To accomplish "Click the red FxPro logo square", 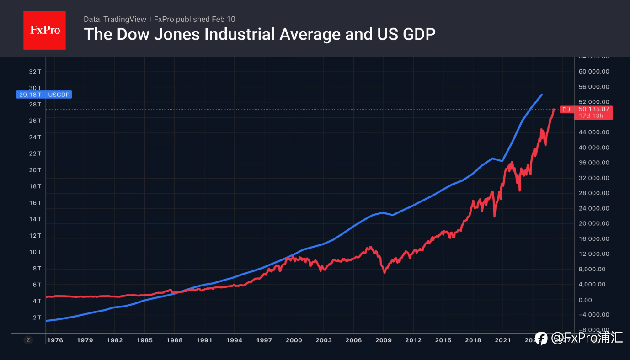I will click(x=44, y=30).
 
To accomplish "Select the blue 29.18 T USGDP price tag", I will click(x=44, y=95).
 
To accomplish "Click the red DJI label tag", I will click(x=567, y=110).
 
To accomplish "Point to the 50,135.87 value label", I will click(x=593, y=109).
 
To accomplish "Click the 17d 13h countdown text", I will click(x=591, y=116).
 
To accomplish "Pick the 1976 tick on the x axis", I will click(x=55, y=340).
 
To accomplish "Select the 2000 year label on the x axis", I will click(x=294, y=340).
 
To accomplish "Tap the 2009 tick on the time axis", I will click(x=384, y=340).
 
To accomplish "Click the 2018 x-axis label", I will click(x=473, y=340).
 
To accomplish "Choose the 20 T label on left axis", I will click(x=36, y=170).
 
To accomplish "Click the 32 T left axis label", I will click(x=36, y=72).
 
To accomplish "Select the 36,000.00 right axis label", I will click(x=593, y=163).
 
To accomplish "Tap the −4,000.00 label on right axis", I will click(x=593, y=315).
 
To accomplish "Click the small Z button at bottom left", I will click(x=28, y=340).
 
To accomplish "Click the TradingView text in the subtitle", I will click(x=125, y=19).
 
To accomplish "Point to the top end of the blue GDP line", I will click(x=542, y=95).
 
